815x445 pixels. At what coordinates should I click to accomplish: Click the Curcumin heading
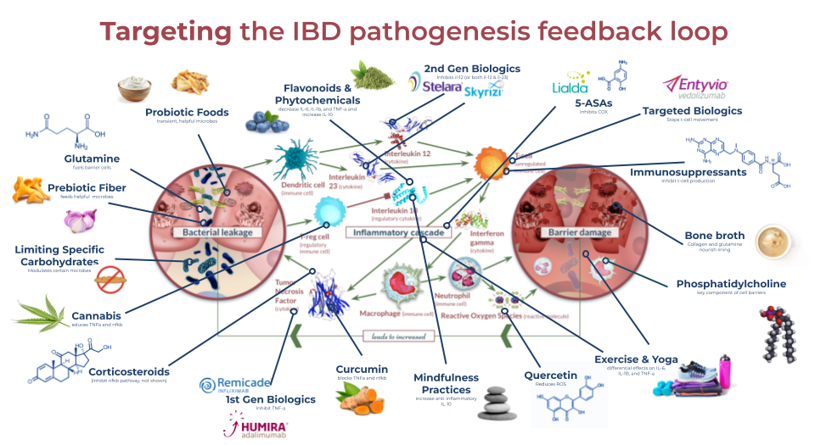[362, 370]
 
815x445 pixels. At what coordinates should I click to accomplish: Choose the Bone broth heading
[714, 235]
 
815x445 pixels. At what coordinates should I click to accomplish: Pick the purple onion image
[80, 221]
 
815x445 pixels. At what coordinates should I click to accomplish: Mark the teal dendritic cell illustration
[295, 159]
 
